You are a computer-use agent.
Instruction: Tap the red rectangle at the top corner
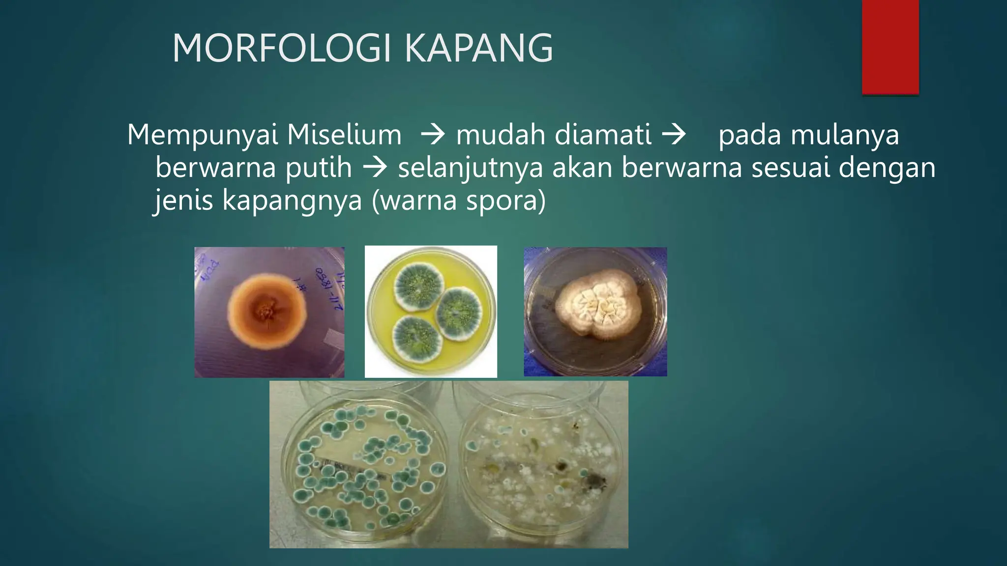click(x=890, y=47)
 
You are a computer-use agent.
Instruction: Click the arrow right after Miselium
click(x=433, y=135)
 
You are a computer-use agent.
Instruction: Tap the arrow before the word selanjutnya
click(x=375, y=168)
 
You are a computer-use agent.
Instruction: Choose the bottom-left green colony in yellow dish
click(x=419, y=339)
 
